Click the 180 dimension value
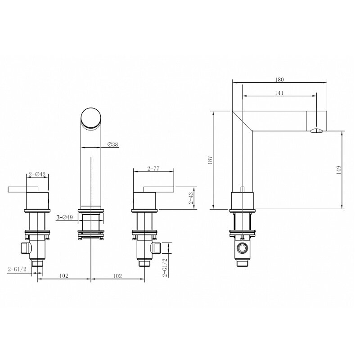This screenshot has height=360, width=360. point(279,80)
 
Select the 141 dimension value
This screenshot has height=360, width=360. point(279,93)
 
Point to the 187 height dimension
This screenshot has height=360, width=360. point(210,160)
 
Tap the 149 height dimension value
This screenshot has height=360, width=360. point(338,170)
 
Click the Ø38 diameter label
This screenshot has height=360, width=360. point(112,144)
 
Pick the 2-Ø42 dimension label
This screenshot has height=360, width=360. point(37,175)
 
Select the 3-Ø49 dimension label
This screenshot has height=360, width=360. point(64,217)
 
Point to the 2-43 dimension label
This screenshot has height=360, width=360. point(191,198)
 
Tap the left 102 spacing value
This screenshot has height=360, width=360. point(64,276)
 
